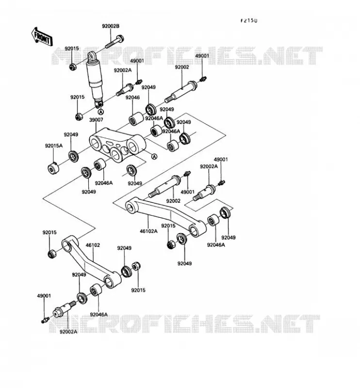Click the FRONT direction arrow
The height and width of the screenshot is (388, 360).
[x=42, y=37]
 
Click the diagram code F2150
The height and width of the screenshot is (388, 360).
[x=249, y=21]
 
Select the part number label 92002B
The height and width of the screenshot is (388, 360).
[x=111, y=26]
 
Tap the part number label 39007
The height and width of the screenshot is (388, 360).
[x=96, y=120]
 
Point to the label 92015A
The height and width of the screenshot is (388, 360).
[x=54, y=146]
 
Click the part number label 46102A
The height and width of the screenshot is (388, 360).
[x=149, y=231]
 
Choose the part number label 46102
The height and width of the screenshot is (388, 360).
[x=93, y=245]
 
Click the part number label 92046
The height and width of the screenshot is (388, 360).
[x=133, y=97]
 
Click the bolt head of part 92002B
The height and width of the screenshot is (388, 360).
[x=120, y=39]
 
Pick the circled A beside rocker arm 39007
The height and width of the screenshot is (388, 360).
[x=154, y=157]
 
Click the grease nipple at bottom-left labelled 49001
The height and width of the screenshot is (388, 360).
[x=45, y=320]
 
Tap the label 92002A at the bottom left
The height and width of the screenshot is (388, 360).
[x=68, y=332]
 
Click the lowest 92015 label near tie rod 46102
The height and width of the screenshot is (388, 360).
[x=138, y=290]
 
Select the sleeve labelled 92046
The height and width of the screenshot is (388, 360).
[x=136, y=119]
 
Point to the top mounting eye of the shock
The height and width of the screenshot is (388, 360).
[x=92, y=57]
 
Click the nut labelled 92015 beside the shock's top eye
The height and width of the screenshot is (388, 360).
[x=72, y=66]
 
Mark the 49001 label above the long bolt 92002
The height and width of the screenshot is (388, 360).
[x=202, y=56]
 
